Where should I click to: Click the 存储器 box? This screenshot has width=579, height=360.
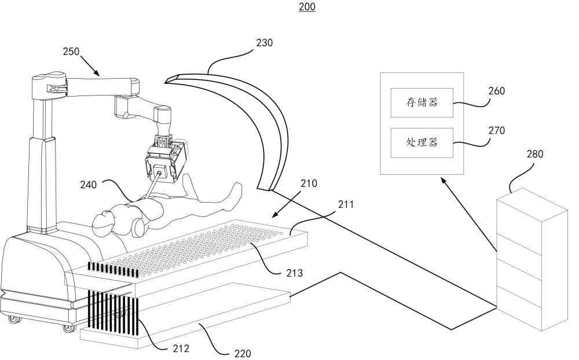(421, 102)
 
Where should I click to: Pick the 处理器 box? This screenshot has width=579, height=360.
(421, 142)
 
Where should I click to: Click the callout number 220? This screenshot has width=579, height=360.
(243, 352)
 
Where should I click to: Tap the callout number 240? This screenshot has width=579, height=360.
(89, 185)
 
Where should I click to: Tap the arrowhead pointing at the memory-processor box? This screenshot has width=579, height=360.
(443, 181)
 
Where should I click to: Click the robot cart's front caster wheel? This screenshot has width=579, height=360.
(65, 328)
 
